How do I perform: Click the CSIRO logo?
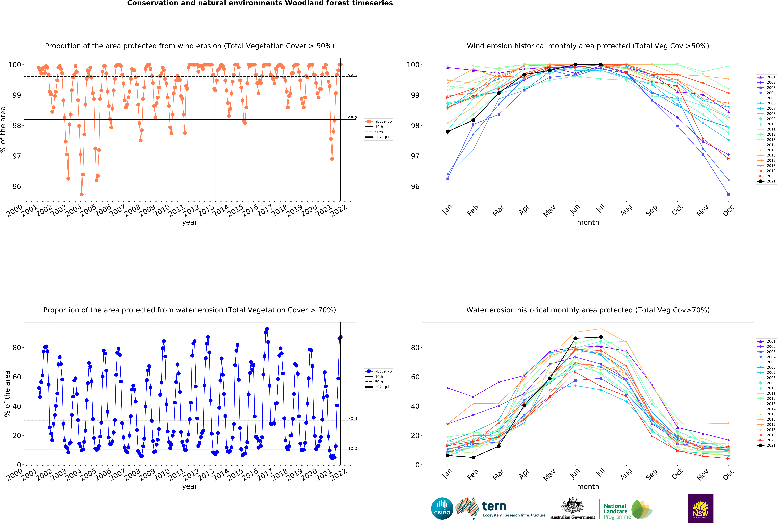tap(442, 509)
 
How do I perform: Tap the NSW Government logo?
tap(700, 508)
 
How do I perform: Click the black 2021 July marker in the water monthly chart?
tap(601, 337)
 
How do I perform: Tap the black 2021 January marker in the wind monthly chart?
tap(448, 132)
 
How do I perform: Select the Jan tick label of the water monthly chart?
tap(447, 474)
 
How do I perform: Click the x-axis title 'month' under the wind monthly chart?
tap(588, 222)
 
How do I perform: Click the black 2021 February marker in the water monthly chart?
tap(473, 458)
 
